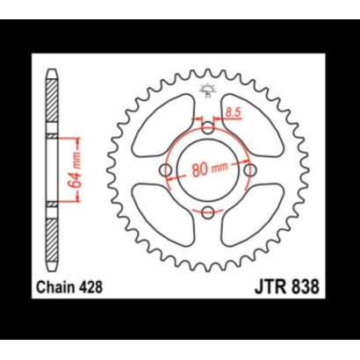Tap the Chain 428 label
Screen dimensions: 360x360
click(74, 286)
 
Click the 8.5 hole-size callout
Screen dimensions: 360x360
click(232, 112)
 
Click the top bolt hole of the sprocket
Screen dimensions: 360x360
click(207, 130)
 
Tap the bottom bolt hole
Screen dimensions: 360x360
click(207, 211)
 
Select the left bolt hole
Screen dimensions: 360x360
click(167, 170)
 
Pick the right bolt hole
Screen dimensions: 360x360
click(248, 170)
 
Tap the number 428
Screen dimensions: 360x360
click(95, 286)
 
